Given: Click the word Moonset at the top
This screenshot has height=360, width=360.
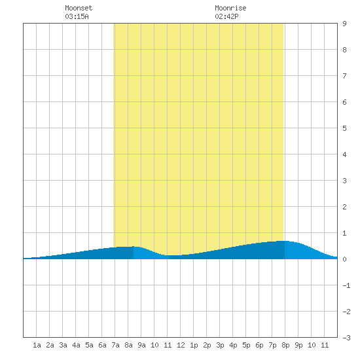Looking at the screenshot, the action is [79, 8].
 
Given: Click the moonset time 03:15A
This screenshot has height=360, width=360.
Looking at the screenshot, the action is [77, 16].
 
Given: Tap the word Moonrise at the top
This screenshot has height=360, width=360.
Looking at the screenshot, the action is [230, 8].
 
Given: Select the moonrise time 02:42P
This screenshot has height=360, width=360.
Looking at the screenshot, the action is [226, 16].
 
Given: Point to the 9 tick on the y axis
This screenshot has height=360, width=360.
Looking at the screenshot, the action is [344, 24].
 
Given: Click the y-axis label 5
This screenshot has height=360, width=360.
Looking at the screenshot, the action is [344, 128].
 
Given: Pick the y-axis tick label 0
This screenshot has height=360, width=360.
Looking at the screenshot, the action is [344, 259].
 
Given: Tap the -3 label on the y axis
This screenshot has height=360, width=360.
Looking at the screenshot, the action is [346, 338].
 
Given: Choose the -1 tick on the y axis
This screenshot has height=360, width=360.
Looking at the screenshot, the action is [346, 285].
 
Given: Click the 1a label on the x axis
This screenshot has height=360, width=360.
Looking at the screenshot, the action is [37, 345].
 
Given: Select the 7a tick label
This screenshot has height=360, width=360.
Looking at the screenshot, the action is [115, 345].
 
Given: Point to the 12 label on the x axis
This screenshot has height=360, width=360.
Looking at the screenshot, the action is [181, 345].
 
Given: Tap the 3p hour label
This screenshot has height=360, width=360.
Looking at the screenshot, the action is [220, 345].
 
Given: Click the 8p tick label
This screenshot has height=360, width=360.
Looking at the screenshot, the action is [285, 345].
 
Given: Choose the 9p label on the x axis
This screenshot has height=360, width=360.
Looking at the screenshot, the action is [298, 345].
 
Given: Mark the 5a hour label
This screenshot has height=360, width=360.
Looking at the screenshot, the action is [89, 345].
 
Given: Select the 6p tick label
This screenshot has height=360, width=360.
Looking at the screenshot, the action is [259, 345].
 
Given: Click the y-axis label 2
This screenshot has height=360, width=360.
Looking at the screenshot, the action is [344, 207].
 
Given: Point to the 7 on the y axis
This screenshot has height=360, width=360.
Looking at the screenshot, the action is [344, 76].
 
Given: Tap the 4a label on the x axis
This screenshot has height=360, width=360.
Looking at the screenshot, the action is [76, 345].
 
